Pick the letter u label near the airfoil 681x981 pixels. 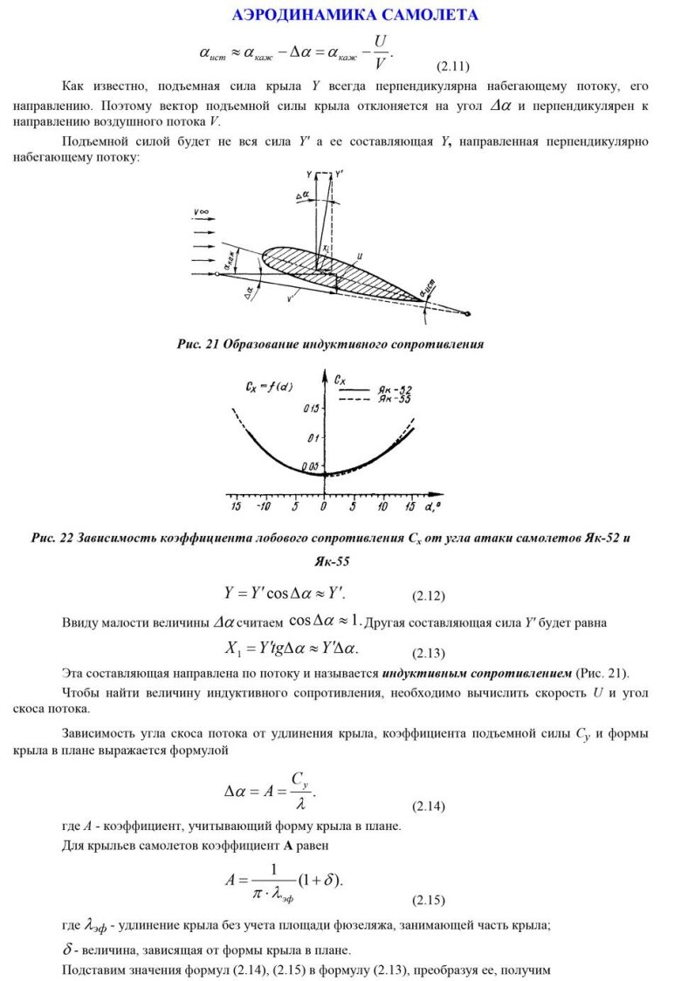pyautogui.click(x=360, y=256)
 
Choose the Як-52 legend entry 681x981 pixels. pyautogui.click(x=393, y=387)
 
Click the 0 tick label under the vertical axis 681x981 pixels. pyautogui.click(x=323, y=506)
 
